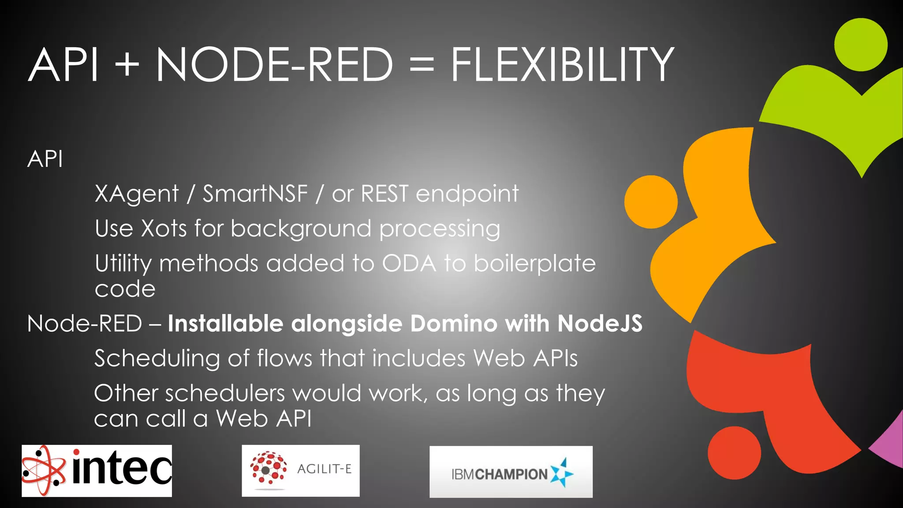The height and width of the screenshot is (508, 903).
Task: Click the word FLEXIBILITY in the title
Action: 562,65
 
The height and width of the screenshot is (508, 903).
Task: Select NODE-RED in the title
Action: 274,65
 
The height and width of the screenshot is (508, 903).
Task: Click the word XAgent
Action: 137,194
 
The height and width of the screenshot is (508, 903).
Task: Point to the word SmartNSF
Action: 255,194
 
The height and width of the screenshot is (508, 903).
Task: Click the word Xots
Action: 164,228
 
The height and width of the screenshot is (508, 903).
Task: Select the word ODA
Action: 409,263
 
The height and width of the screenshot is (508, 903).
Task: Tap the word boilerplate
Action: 534,263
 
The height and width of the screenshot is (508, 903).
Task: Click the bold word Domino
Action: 454,323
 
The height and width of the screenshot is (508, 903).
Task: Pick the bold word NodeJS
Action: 600,323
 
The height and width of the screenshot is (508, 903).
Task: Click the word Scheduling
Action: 157,358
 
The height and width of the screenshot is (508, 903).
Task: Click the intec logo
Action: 97,471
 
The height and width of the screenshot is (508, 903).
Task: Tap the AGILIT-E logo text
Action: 324,469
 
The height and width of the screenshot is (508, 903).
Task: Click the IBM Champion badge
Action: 511,472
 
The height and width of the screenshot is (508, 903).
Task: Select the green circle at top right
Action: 861,45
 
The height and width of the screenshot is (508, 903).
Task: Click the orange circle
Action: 651,202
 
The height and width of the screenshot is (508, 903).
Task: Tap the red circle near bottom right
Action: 734,452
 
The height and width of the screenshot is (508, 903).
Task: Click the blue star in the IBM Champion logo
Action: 562,473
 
